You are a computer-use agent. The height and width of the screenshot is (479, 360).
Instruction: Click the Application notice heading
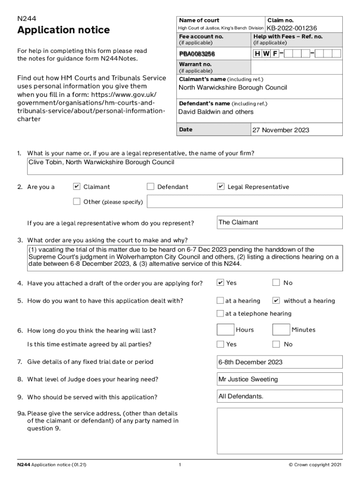click(64, 30)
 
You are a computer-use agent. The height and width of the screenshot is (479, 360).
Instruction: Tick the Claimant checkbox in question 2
click(77, 187)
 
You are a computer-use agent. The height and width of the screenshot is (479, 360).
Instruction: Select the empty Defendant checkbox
click(151, 187)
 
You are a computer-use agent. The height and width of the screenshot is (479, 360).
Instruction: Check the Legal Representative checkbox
click(221, 187)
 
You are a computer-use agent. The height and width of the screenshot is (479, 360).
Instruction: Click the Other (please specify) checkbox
click(77, 202)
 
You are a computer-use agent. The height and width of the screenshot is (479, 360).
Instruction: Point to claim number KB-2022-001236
click(292, 28)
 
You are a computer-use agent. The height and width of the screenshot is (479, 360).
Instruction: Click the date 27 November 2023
click(281, 130)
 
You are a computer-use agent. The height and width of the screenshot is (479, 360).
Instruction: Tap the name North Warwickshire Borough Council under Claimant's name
click(233, 87)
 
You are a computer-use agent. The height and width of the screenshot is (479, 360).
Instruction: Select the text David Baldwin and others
click(216, 112)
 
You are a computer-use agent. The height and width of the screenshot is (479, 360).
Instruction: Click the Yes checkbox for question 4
click(220, 283)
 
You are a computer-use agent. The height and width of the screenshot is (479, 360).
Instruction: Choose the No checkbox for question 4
click(276, 283)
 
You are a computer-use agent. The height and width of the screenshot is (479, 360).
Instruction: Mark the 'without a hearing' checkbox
click(276, 300)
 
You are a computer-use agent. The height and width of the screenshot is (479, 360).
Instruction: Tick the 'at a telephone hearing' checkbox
click(220, 313)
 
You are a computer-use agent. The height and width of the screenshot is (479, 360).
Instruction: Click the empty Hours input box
click(225, 330)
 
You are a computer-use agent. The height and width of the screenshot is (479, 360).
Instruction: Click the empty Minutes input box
click(281, 330)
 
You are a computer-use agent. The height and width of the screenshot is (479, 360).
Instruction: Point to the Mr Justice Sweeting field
click(279, 379)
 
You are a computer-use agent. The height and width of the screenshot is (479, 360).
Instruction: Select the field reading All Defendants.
click(279, 397)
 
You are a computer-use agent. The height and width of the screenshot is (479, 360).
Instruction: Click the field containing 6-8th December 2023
click(279, 362)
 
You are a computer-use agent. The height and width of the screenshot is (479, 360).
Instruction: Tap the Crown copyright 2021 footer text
click(315, 465)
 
